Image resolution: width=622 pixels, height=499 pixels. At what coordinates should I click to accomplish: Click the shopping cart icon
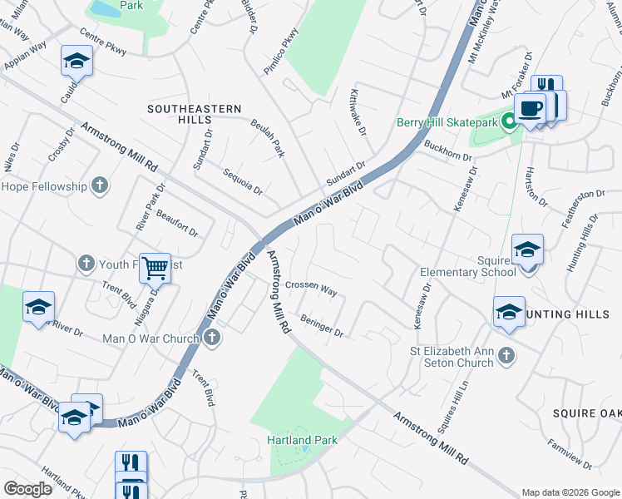click(155, 268)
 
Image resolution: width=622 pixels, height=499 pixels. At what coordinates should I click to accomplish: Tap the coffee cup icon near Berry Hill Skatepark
click(530, 107)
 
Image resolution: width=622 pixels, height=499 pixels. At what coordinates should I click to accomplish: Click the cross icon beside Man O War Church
click(212, 338)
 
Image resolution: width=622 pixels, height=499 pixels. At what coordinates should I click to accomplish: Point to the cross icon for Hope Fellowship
click(100, 185)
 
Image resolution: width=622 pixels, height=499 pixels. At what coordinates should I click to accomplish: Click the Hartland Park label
click(294, 439)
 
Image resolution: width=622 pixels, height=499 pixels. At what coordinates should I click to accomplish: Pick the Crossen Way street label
click(310, 289)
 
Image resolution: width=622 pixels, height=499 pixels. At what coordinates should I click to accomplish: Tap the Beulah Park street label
click(268, 138)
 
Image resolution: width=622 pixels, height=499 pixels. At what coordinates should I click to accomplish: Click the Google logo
click(27, 489)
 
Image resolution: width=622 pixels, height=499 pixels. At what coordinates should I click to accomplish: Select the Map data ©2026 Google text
click(570, 492)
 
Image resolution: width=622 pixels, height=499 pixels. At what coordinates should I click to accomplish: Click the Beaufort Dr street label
click(177, 223)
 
